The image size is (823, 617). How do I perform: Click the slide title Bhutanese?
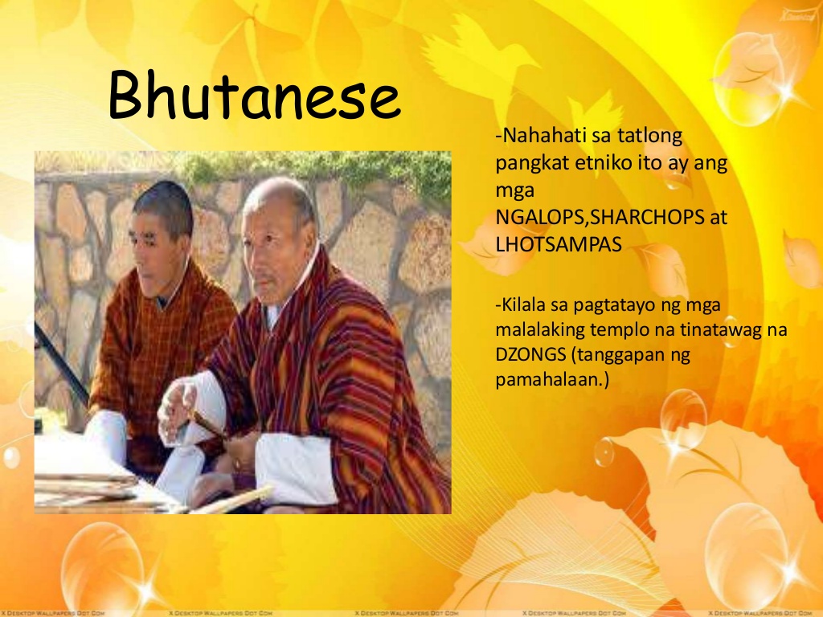255,95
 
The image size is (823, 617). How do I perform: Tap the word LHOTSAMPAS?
559,244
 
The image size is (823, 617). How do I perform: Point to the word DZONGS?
530,354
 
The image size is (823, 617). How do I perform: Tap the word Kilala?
525,304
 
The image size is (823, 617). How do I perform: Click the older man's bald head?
278,195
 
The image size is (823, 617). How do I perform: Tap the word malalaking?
540,330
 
